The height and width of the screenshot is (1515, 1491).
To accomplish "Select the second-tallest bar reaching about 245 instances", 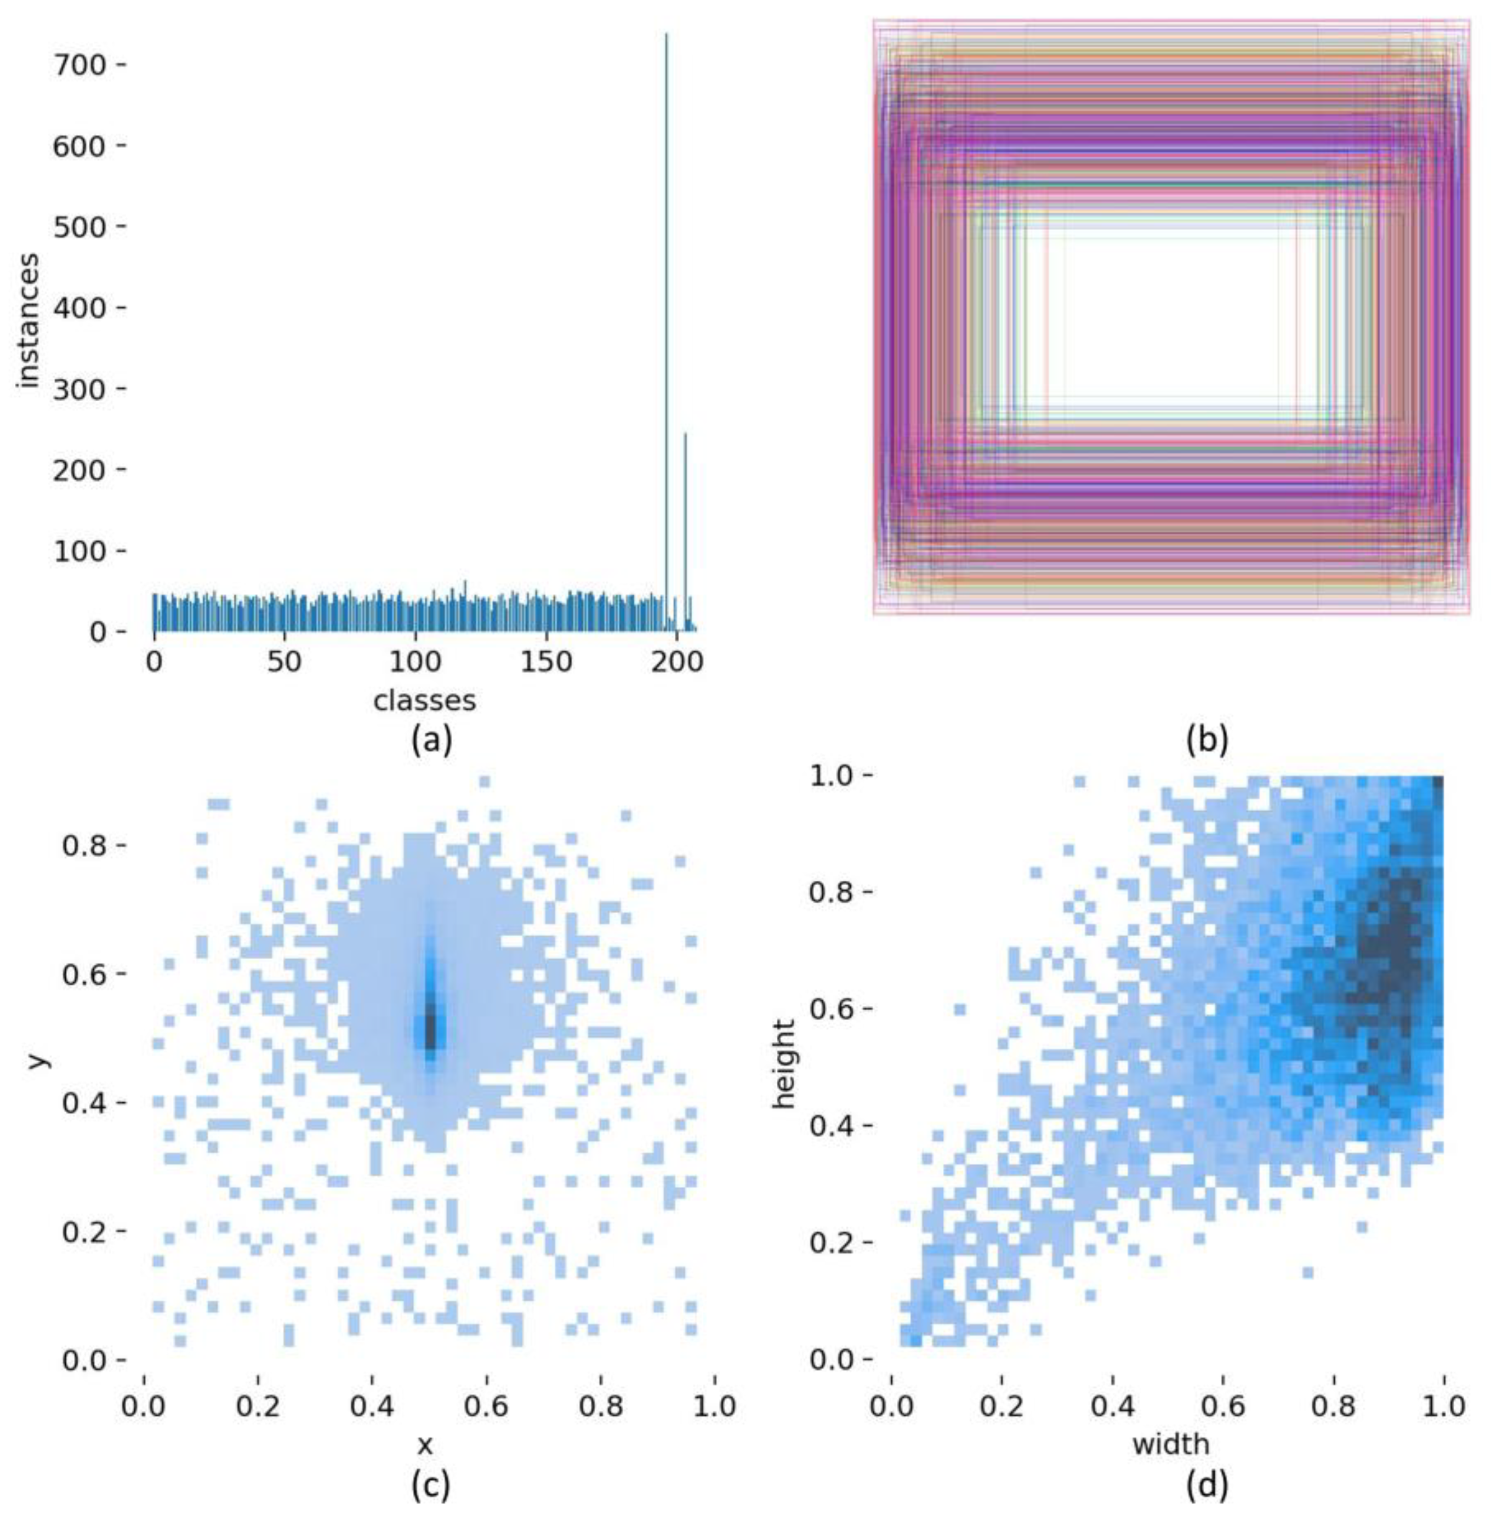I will coord(685,532).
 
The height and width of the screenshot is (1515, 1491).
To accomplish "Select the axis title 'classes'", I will coord(424,700).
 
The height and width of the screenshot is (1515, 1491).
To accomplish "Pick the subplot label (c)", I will coord(431,1484).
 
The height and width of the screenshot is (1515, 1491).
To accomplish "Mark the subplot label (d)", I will coord(1207,1484).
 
